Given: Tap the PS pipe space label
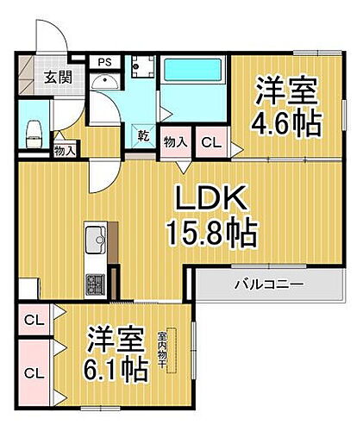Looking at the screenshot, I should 104,62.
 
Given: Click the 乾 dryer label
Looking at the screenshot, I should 142,136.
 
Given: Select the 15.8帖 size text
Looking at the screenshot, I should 212,233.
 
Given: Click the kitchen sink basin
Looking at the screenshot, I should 95,236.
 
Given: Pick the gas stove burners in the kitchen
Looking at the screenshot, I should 94,282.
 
